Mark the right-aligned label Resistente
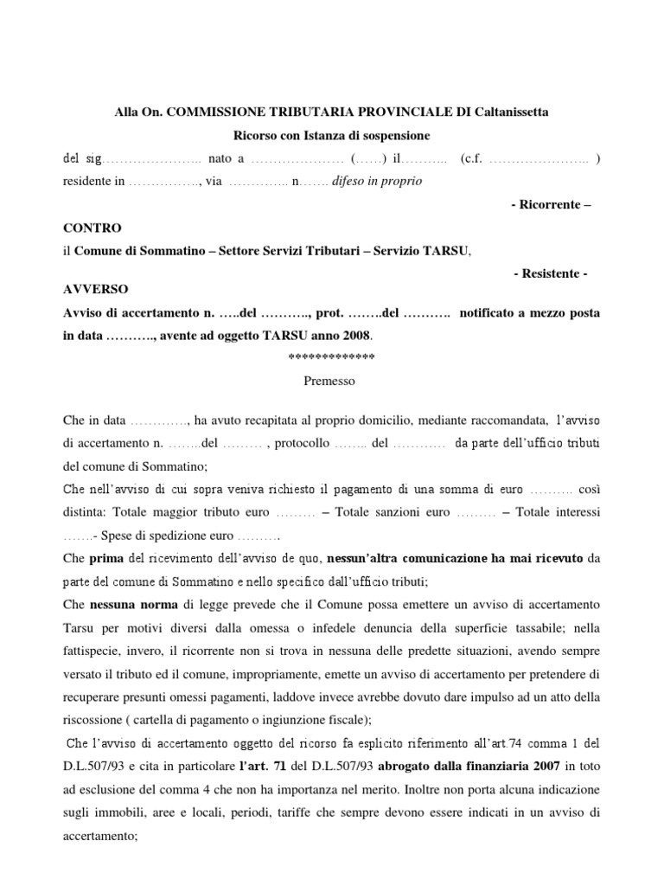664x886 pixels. tap(550, 273)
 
